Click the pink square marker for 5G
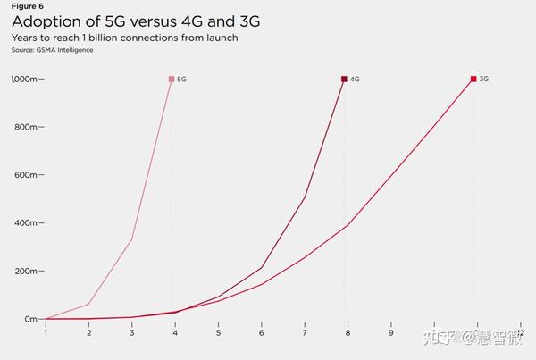click(x=172, y=79)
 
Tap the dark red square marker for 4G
click(x=344, y=79)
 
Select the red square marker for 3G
click(x=473, y=79)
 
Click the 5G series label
click(x=181, y=80)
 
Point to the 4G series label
click(x=355, y=80)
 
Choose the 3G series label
click(x=484, y=80)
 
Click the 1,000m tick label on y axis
click(x=23, y=80)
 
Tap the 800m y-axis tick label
click(x=25, y=128)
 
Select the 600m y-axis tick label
click(x=25, y=175)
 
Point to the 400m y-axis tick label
click(x=25, y=223)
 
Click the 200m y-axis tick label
click(x=25, y=271)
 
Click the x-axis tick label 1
click(x=46, y=333)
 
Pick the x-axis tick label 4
click(x=175, y=333)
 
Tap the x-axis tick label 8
click(x=348, y=333)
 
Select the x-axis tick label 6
click(x=261, y=333)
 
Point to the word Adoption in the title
click(x=41, y=21)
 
